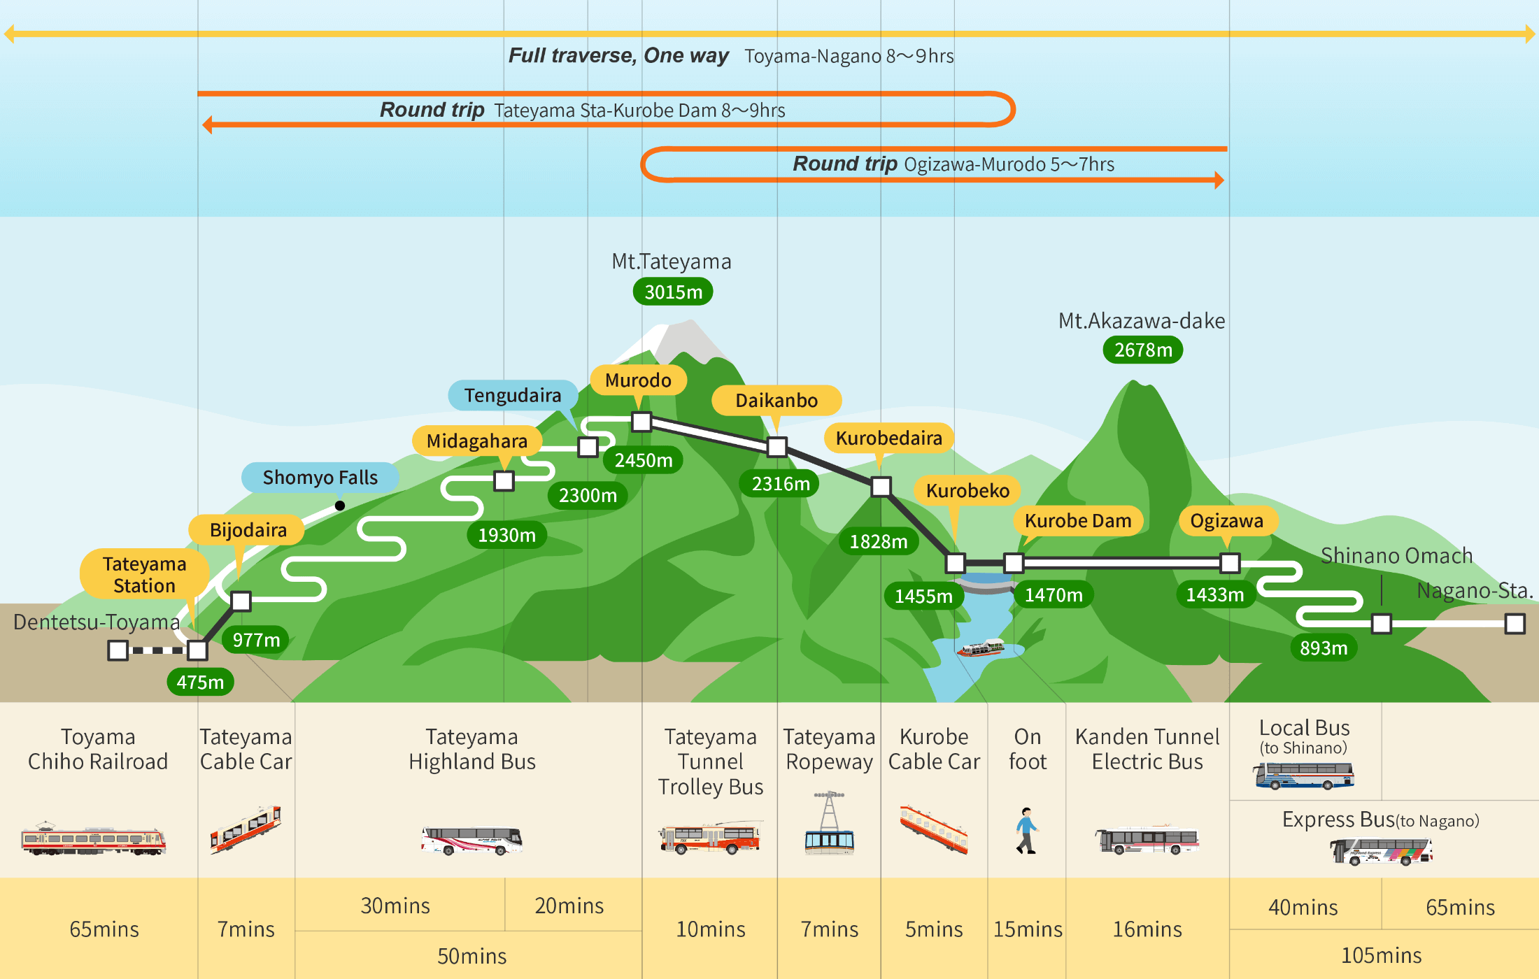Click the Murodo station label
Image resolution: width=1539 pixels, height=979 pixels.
[x=638, y=380]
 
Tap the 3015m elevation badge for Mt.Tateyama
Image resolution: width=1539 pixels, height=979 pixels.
[x=673, y=292]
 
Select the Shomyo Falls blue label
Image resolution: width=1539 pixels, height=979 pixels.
[x=320, y=478]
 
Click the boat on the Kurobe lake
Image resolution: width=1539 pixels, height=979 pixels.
[x=981, y=648]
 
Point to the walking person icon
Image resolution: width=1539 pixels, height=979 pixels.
[x=1026, y=831]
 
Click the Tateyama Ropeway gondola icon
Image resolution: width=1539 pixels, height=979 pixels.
[x=829, y=825]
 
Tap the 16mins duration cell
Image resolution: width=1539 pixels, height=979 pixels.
[x=1147, y=929]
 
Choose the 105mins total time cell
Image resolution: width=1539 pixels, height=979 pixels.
[x=1381, y=955]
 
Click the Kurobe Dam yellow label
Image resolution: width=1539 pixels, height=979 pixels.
[x=1077, y=521]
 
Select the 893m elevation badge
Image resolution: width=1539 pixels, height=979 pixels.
[x=1324, y=648]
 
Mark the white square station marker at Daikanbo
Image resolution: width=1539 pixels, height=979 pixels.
[x=777, y=447]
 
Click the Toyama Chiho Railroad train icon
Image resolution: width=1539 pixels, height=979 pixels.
[x=93, y=839]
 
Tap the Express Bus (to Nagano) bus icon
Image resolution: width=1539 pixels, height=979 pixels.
[x=1381, y=852]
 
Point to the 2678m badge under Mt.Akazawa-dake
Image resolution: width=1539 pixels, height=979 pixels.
[x=1143, y=350]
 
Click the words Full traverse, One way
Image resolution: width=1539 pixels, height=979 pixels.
[x=618, y=55]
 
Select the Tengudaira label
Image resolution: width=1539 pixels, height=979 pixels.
[x=513, y=396]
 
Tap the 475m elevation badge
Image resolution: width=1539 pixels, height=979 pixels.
[x=200, y=682]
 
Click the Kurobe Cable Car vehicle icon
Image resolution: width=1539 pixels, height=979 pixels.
[x=933, y=829]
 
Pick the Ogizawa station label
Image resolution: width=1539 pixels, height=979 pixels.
[x=1227, y=521]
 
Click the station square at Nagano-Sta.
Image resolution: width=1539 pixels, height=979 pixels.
[x=1515, y=623]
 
